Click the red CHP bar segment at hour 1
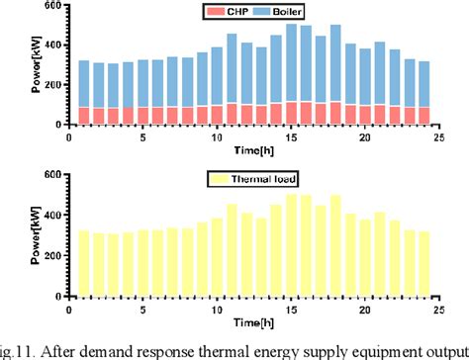pyautogui.click(x=84, y=115)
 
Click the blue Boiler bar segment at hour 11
pyautogui.click(x=232, y=68)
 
